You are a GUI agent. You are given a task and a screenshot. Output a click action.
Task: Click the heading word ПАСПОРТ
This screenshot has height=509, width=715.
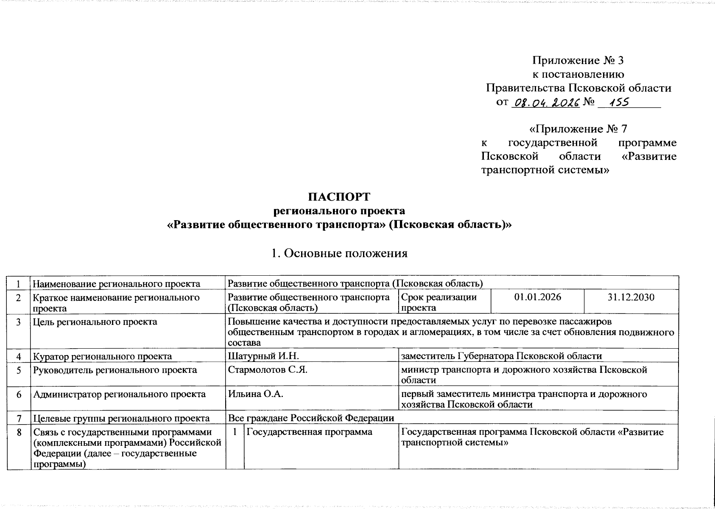339,197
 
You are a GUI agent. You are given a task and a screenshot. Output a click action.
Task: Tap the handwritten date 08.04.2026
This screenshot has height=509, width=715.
546,103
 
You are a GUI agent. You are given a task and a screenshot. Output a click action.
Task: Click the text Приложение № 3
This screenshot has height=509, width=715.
578,61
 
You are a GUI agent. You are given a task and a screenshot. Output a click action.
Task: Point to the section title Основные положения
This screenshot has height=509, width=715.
339,253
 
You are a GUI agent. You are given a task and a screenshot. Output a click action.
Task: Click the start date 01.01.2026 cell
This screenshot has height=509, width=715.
537,297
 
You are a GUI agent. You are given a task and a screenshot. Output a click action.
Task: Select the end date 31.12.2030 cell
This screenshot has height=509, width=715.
631,297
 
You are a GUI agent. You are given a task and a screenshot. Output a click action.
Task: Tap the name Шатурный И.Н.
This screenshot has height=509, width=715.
263,356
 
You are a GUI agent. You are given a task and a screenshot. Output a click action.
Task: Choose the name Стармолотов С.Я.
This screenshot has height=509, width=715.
267,369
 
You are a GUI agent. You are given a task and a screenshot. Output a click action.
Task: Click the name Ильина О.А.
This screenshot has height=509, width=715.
256,394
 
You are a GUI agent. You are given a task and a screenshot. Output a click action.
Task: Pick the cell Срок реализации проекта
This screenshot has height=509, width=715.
438,302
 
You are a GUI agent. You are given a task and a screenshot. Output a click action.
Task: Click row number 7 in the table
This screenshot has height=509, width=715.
19,418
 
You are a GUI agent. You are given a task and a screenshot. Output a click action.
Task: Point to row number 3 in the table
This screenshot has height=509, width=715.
19,322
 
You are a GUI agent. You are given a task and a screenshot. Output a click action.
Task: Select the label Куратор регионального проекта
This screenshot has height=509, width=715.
103,356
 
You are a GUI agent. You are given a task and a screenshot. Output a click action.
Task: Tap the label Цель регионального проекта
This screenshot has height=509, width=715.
95,322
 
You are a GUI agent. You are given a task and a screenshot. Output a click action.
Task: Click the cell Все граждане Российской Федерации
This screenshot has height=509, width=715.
311,418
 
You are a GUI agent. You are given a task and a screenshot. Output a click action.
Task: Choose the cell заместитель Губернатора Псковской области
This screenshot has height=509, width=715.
501,356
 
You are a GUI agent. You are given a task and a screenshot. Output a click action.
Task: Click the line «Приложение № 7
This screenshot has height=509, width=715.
578,129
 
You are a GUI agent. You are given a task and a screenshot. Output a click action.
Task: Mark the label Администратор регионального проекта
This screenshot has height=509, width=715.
120,394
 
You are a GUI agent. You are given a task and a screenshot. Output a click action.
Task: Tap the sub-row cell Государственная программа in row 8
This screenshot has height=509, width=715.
310,432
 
